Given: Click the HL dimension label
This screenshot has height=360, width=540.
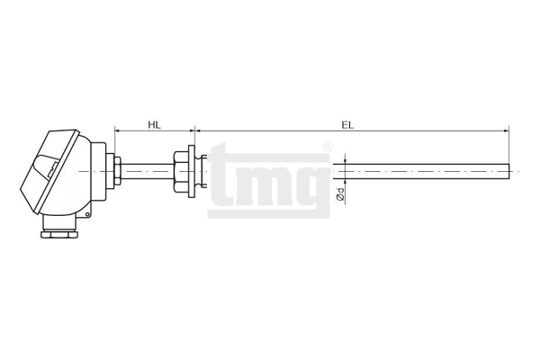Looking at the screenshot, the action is [x=154, y=124].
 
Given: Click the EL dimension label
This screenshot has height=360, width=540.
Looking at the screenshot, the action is [x=347, y=125].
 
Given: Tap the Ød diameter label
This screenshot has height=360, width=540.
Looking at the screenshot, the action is [x=340, y=194].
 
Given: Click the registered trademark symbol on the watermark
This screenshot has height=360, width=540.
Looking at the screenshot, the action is [x=328, y=147].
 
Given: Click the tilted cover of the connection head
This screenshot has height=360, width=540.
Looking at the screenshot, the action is [x=49, y=171].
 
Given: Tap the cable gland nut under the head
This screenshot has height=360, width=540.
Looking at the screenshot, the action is [x=59, y=235].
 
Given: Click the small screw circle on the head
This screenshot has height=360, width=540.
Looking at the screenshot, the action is [x=87, y=214].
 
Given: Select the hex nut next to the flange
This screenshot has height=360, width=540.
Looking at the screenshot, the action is [x=181, y=172].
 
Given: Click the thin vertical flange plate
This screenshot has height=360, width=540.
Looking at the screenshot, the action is [x=192, y=172].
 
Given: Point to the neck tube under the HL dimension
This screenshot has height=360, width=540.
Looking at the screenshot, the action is [x=148, y=171].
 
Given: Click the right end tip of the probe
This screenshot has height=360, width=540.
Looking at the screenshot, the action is [x=509, y=172].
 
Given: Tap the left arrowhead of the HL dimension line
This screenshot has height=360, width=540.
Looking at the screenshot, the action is [x=117, y=130].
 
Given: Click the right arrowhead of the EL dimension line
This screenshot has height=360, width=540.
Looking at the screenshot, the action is [x=506, y=130].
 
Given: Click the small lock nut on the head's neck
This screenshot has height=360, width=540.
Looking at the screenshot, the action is [x=117, y=171].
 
